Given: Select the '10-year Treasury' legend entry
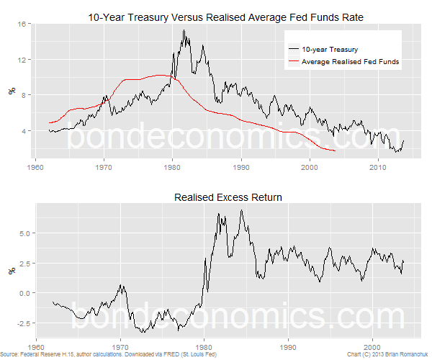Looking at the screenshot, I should click(x=329, y=50).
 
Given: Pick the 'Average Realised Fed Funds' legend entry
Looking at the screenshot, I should click(x=351, y=62).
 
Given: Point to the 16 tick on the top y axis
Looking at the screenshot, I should click(x=22, y=24).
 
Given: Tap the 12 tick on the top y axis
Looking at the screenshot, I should click(x=22, y=59).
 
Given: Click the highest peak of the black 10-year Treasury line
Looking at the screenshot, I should click(x=184, y=30).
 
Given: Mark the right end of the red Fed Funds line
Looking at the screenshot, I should click(x=336, y=150).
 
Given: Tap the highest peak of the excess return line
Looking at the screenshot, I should click(x=240, y=210).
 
